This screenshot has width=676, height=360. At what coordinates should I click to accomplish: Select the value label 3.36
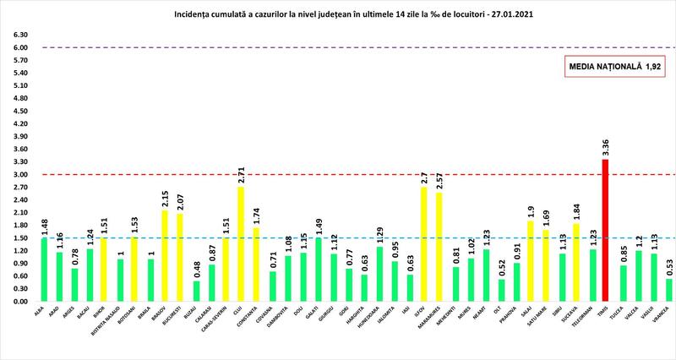coord(605,146)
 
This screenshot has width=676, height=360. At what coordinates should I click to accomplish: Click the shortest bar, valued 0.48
coord(197,291)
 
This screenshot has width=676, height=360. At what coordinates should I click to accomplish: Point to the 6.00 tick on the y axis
coord(19,48)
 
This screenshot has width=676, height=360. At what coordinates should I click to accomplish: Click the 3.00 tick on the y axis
coord(19,175)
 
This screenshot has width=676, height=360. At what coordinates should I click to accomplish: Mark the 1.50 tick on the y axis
coord(19,237)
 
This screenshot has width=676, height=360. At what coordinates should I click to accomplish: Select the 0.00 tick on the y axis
coord(19,301)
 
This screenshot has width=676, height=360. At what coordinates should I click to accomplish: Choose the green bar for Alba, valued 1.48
coord(44,270)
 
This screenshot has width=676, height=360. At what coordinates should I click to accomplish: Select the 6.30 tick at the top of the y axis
coord(19,35)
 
